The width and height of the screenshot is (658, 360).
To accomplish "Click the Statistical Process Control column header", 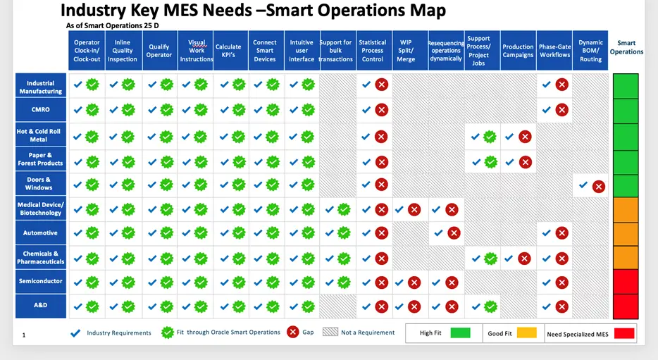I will point(373,51).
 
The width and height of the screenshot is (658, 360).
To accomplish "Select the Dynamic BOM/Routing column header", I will point(590,51).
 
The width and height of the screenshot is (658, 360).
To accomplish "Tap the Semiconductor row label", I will point(40,281).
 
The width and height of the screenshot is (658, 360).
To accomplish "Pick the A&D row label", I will point(40,306).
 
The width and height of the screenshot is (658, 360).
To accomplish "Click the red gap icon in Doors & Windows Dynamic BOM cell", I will point(598,187).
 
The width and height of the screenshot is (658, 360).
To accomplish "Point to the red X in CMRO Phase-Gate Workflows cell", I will point(561,109).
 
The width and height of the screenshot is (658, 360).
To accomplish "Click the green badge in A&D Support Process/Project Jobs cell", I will point(490,306).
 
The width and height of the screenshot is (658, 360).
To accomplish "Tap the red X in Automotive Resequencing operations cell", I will point(453,232).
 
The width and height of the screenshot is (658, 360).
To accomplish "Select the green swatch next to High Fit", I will point(460,333).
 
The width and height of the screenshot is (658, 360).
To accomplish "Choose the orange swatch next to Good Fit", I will point(526,333).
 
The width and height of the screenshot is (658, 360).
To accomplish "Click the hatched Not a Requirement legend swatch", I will point(330,333).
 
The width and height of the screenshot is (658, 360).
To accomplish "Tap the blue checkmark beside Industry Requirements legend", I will point(75,333).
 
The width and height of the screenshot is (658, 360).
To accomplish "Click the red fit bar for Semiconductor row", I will point(626,282).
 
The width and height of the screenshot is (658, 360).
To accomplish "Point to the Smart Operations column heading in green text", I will point(626,47).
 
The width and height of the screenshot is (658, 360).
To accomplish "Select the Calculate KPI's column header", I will point(228,51).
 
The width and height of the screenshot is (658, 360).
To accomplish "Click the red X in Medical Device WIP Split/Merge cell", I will point(414,209).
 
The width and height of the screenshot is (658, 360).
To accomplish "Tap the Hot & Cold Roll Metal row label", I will point(40,135).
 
